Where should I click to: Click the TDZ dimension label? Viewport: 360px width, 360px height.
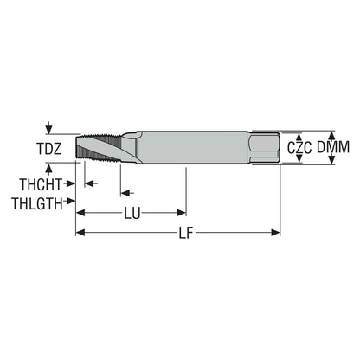pyautogui.click(x=49, y=149)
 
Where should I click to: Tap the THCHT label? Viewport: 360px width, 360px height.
pyautogui.click(x=41, y=184)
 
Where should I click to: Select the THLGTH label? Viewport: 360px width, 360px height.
pyautogui.click(x=37, y=203)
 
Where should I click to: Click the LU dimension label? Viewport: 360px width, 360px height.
pyautogui.click(x=132, y=214)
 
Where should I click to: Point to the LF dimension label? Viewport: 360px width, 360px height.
pyautogui.click(x=185, y=233)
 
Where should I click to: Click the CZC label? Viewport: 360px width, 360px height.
pyautogui.click(x=299, y=148)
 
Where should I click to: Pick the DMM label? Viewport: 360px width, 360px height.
pyautogui.click(x=333, y=147)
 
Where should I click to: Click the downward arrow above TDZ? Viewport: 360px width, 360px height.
pyautogui.click(x=49, y=128)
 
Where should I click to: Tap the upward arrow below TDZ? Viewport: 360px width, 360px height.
pyautogui.click(x=49, y=169)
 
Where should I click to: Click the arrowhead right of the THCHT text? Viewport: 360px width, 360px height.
pyautogui.click(x=71, y=183)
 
